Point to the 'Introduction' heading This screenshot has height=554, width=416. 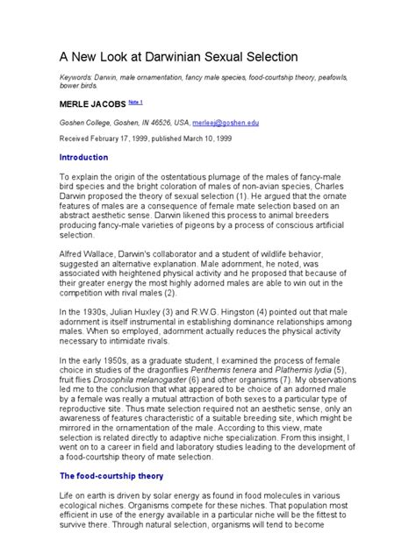click(x=83, y=157)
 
